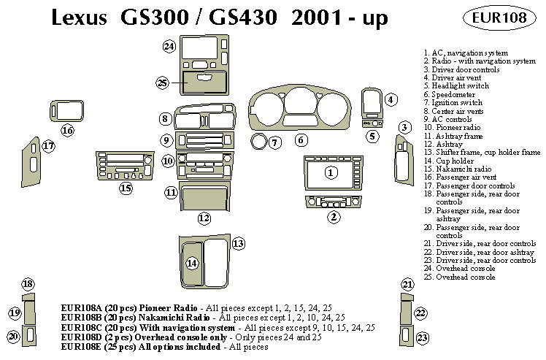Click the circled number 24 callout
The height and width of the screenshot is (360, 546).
(x=169, y=47)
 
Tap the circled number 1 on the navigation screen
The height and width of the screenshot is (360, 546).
(x=331, y=172)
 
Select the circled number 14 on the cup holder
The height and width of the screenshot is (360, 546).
(x=192, y=263)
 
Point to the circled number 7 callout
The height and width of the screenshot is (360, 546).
(x=274, y=142)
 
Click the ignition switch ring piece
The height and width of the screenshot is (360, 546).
(x=258, y=140)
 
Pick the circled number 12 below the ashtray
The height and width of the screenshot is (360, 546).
(x=204, y=218)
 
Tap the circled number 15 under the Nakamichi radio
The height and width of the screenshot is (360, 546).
(x=126, y=188)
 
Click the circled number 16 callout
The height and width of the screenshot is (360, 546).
(x=67, y=131)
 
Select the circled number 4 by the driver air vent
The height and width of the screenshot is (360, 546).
(x=391, y=99)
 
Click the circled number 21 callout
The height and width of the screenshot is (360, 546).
(x=407, y=284)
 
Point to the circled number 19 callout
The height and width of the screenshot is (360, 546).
(x=15, y=313)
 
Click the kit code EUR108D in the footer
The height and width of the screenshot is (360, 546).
(x=84, y=337)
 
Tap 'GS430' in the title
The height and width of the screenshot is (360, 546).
(x=245, y=18)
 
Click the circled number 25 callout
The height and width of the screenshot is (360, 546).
(x=162, y=83)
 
